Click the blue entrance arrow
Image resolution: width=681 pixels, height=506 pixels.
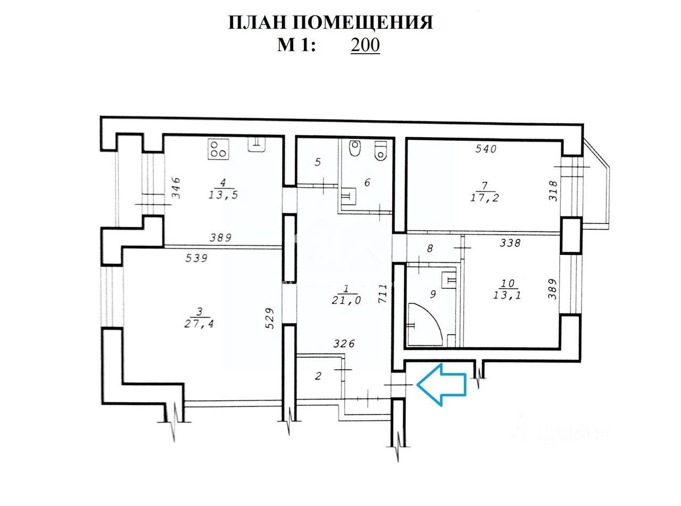(x=441, y=385)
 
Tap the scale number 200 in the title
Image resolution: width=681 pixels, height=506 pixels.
(x=365, y=45)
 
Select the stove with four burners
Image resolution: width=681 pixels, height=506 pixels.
(x=218, y=149)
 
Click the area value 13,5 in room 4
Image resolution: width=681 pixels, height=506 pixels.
(x=223, y=195)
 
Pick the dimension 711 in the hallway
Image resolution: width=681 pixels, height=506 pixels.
(x=384, y=294)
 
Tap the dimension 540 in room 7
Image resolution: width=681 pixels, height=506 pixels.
(x=486, y=149)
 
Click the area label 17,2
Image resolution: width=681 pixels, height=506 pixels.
(x=485, y=197)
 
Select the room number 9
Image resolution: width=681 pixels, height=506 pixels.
(x=433, y=294)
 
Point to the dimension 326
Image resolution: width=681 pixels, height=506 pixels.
(x=344, y=343)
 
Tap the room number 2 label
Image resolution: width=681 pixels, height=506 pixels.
(x=318, y=376)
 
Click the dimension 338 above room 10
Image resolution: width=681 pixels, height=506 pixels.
(x=510, y=243)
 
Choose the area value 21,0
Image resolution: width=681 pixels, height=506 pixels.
(x=346, y=301)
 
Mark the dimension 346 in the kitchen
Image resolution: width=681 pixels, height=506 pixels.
(x=176, y=188)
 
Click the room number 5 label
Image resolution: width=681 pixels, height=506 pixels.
(x=318, y=162)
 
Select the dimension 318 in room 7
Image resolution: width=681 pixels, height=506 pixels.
(x=553, y=191)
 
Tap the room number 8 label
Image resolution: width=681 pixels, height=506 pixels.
(x=430, y=248)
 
